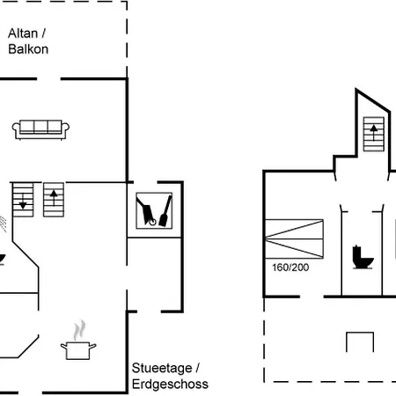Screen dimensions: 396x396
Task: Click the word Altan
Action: pos(23,33)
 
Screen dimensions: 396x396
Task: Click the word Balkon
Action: pos(28,49)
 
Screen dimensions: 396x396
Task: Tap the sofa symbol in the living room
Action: pos(40,129)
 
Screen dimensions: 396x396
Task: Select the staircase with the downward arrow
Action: pos(23,200)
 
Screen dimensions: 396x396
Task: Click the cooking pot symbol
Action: pos(78,350)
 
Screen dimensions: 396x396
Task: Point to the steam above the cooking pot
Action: pos(79,330)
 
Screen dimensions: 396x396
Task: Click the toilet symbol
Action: pos(363,257)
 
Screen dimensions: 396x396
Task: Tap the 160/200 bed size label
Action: pos(290,268)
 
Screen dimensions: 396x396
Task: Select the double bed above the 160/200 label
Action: pos(294,238)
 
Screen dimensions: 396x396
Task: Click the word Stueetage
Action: pos(162,368)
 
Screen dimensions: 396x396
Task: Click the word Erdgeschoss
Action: pos(170,384)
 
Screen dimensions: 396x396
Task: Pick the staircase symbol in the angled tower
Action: pos(374,134)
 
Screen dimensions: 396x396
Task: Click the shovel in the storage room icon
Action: pos(165,212)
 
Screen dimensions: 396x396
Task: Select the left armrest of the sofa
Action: pos(16,128)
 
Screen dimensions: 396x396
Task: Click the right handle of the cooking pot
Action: pos(92,347)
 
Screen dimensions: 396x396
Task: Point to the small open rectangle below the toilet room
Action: pos(360,333)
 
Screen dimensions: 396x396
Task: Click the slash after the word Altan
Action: pos(44,33)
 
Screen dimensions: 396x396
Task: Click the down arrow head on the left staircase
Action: pos(23,205)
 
